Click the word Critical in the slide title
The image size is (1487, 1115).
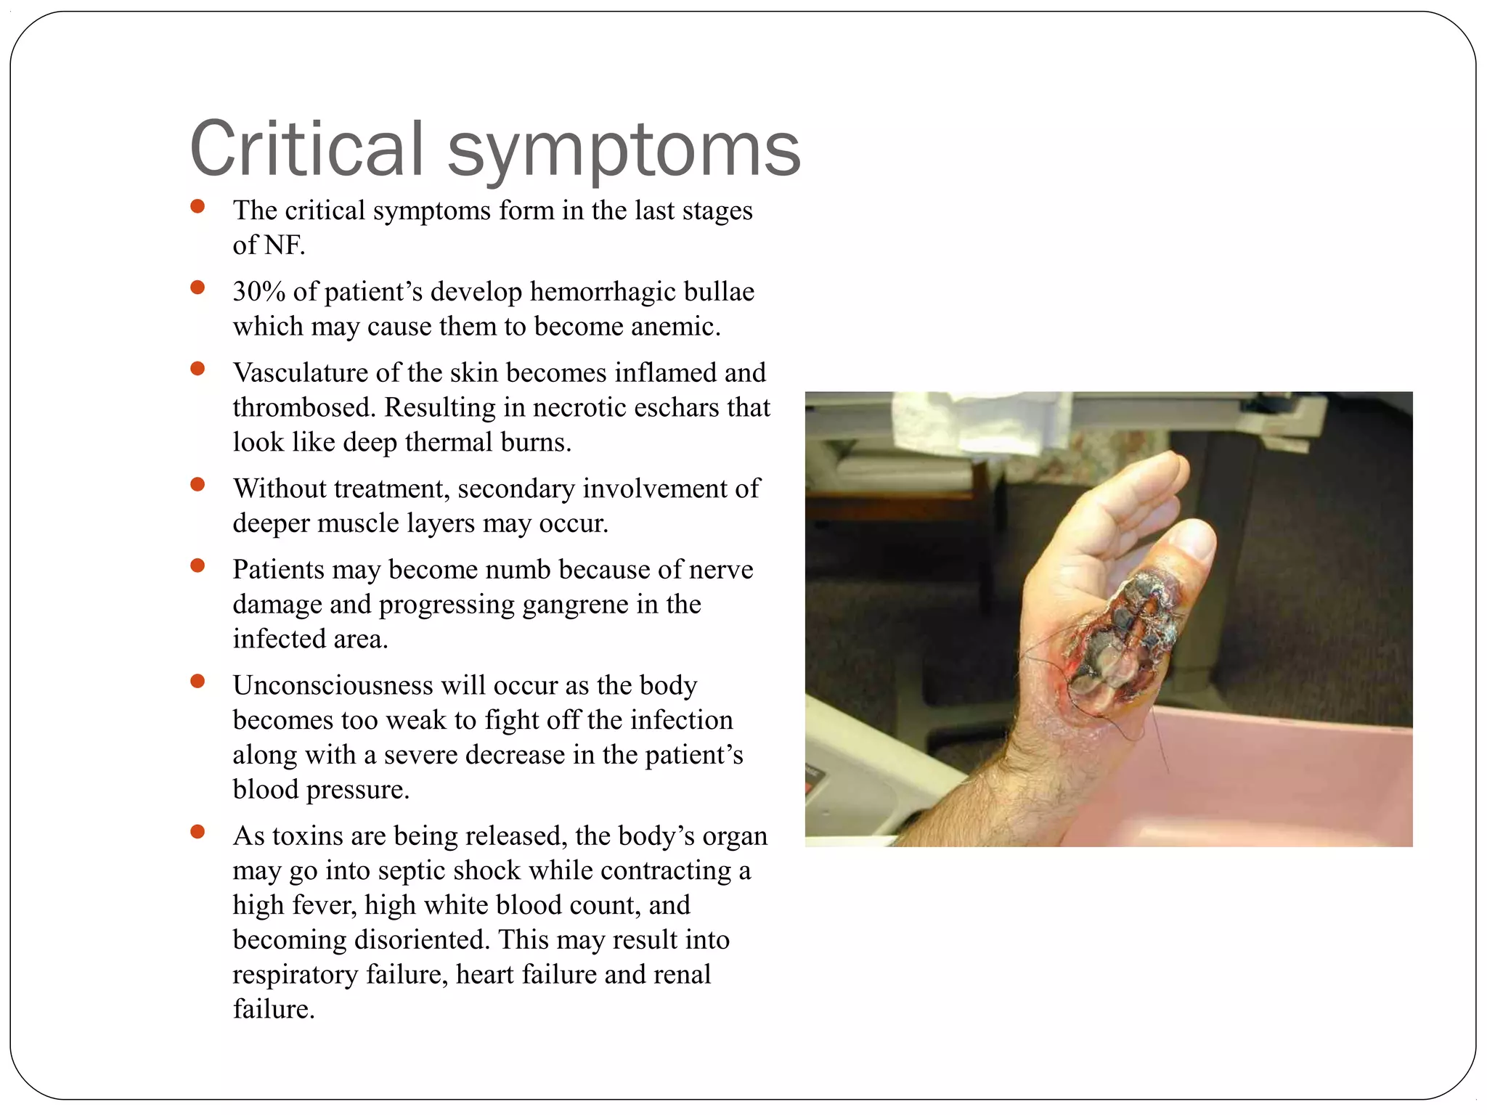(x=306, y=149)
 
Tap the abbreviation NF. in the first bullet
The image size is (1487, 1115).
(x=283, y=245)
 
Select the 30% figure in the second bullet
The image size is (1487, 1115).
(x=258, y=292)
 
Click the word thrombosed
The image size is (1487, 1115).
(x=304, y=408)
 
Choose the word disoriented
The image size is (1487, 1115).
(x=422, y=940)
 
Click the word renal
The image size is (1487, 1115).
(x=682, y=975)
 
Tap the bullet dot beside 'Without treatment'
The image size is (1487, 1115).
(x=197, y=484)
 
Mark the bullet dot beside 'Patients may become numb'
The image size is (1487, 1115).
(x=197, y=565)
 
